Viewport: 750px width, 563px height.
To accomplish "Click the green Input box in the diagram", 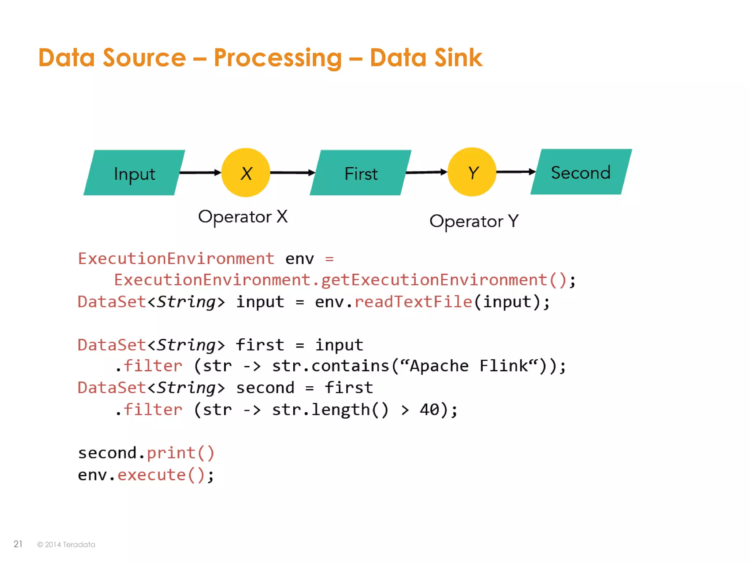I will pyautogui.click(x=134, y=173).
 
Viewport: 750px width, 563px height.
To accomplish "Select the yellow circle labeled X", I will pyautogui.click(x=246, y=173).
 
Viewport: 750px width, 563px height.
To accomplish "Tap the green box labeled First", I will pyautogui.click(x=361, y=173).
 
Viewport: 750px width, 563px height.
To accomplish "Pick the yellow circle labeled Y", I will pyautogui.click(x=472, y=172).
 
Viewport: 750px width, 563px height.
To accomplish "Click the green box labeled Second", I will pyautogui.click(x=581, y=172).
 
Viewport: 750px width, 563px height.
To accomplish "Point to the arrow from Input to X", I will pyautogui.click(x=200, y=172).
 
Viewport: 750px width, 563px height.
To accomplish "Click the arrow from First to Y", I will pyautogui.click(x=426, y=172).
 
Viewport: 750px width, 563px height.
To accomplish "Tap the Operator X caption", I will pyautogui.click(x=243, y=217).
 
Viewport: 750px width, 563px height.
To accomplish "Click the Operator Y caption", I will pyautogui.click(x=474, y=221).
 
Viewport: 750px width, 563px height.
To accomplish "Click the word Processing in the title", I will pyautogui.click(x=278, y=58).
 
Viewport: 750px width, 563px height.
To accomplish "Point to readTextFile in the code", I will pyautogui.click(x=413, y=302).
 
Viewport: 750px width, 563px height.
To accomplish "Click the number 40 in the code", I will pyautogui.click(x=429, y=409).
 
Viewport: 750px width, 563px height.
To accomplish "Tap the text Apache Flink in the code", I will pyautogui.click(x=469, y=366).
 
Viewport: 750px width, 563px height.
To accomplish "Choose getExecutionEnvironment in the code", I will pyautogui.click(x=434, y=280).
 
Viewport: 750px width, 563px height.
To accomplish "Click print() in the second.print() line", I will pyautogui.click(x=180, y=453).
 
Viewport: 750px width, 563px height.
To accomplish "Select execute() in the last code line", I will pyautogui.click(x=161, y=475).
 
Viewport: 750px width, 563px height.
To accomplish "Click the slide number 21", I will pyautogui.click(x=18, y=544).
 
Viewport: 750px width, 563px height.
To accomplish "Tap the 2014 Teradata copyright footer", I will pyautogui.click(x=66, y=545).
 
